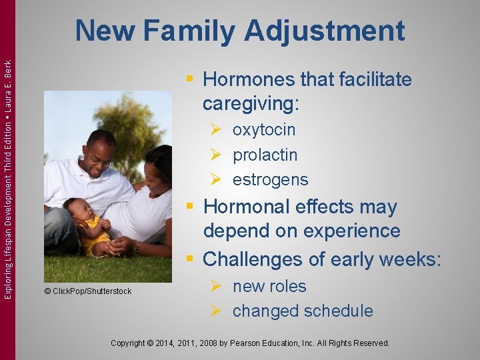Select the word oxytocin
(x=263, y=129)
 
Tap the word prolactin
(x=265, y=155)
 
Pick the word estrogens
(x=270, y=179)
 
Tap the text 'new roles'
(x=269, y=286)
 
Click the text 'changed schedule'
(x=302, y=311)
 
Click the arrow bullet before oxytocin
(x=215, y=129)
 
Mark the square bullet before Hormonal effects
(x=191, y=207)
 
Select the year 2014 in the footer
(x=172, y=343)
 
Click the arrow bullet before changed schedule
(x=215, y=311)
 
